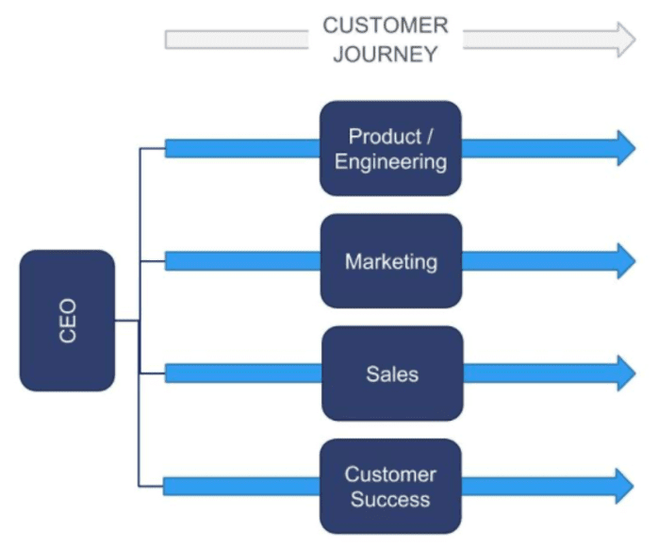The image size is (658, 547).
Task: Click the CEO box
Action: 67,321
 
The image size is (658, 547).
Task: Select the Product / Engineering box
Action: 390,148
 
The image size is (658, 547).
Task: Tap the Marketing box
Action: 390,260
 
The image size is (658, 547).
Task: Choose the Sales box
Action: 390,373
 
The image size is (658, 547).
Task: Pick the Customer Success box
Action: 390,487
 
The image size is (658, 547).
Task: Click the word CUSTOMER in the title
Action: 386,25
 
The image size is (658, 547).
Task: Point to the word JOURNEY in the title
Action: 386,54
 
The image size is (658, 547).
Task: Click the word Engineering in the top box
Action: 390,161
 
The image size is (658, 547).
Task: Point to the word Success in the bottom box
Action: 390,500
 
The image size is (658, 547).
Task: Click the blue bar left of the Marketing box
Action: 242,260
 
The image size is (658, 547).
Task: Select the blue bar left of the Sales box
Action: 242,373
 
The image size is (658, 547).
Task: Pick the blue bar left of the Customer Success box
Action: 242,487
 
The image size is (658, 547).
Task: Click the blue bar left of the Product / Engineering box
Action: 242,148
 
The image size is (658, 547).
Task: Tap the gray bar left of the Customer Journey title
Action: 236,39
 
